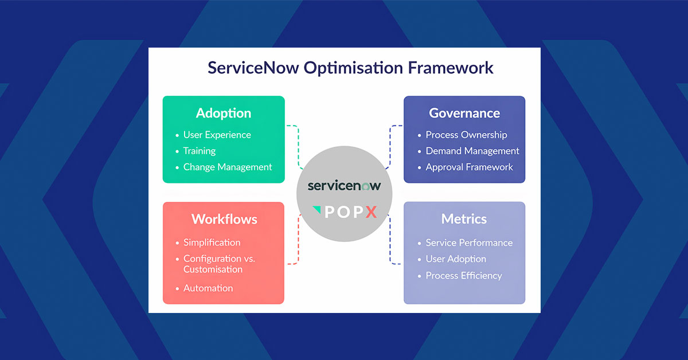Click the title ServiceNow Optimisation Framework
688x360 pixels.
point(350,68)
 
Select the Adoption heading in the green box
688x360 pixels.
point(224,113)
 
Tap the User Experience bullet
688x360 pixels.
point(217,135)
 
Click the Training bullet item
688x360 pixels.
point(199,151)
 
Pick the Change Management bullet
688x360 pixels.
point(227,167)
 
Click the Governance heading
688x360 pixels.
point(464,113)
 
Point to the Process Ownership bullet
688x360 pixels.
point(466,135)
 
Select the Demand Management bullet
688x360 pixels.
point(472,151)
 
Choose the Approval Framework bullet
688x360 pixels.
point(469,167)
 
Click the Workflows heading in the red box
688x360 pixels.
point(224,219)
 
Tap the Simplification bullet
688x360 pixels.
point(212,242)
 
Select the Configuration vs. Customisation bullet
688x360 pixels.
point(219,264)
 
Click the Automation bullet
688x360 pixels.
point(208,288)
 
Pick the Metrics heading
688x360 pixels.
point(464,219)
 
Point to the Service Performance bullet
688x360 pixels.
point(468,242)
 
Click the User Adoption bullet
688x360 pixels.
point(456,259)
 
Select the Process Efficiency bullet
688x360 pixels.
point(463,276)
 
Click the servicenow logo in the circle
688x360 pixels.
point(344,186)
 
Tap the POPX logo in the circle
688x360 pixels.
point(344,212)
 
